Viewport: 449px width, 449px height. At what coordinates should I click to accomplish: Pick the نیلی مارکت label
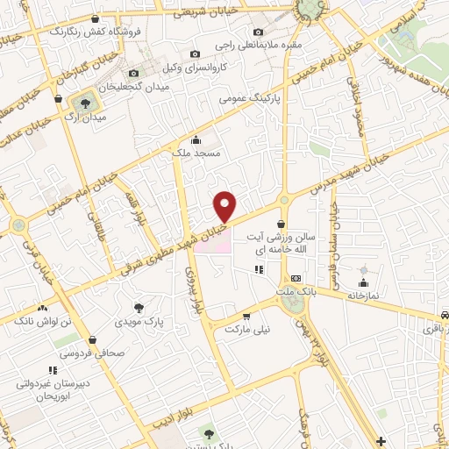coord(245,329)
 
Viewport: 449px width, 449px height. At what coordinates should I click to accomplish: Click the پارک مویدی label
coord(139,322)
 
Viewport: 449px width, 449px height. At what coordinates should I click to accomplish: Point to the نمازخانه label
coord(361,295)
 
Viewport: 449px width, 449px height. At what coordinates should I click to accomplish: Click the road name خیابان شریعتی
coord(204,12)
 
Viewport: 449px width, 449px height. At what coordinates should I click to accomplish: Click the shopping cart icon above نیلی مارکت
coord(246,316)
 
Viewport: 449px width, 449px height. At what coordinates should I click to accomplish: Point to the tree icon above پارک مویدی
coord(139,307)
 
